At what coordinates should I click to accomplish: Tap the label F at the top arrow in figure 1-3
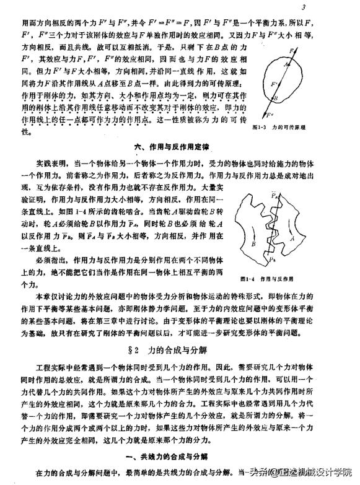(301, 45)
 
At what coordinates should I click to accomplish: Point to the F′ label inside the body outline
(276, 82)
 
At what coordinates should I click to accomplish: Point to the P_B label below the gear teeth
(273, 258)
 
